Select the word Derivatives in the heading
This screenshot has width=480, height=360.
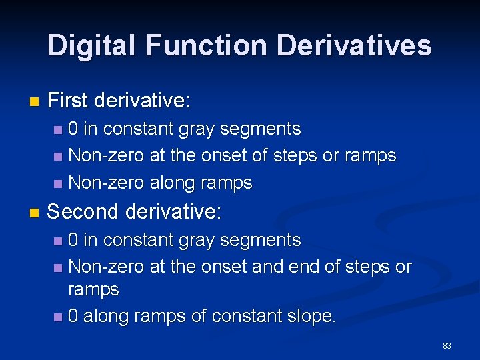[355, 45]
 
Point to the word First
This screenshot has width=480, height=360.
[69, 101]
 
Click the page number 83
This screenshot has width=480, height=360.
[447, 346]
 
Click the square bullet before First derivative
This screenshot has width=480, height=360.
[35, 102]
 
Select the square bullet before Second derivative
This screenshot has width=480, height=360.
[35, 213]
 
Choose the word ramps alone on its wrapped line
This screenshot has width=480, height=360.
[93, 290]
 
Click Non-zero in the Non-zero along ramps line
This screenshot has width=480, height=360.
[107, 183]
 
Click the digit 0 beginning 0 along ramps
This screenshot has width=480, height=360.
[73, 316]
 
